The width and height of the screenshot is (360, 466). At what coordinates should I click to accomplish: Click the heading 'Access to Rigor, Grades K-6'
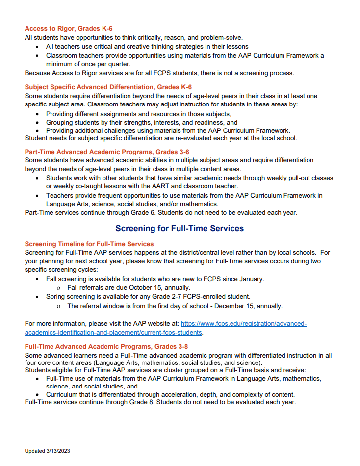point(69,29)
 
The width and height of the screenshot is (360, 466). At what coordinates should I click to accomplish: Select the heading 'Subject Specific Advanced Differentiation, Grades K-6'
point(108,87)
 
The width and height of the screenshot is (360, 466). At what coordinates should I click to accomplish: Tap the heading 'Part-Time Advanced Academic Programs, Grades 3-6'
point(107,152)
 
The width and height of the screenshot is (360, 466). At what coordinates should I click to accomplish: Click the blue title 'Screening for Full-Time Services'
point(180,229)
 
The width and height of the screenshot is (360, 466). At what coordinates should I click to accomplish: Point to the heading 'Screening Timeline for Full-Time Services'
point(89,244)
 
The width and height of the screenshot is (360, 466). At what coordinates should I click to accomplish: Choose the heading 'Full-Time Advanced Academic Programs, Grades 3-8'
point(106,346)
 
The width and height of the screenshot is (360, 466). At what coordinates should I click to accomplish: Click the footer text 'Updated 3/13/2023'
point(48,451)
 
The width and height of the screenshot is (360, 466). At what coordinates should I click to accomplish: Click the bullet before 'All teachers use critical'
point(39,47)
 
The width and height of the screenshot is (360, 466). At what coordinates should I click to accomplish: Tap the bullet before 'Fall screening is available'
point(39,279)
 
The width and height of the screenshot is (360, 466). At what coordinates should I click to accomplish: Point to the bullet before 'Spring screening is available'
point(39,297)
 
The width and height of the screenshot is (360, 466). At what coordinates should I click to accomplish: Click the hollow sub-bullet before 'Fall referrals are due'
point(59,288)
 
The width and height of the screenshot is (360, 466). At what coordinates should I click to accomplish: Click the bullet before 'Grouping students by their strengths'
point(39,123)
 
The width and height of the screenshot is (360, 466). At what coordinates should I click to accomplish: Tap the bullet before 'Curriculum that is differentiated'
point(39,394)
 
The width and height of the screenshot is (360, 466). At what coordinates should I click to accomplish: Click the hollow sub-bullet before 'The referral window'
point(59,307)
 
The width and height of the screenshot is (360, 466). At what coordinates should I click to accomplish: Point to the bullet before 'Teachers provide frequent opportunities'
point(39,195)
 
